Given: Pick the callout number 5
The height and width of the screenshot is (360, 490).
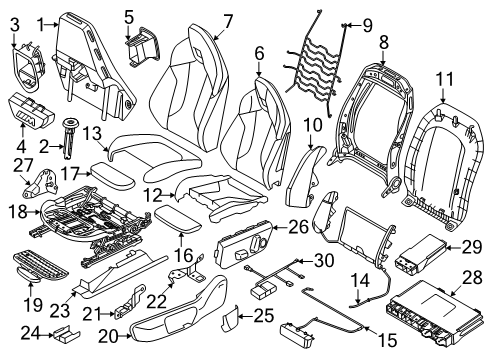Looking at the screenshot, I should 128,16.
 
